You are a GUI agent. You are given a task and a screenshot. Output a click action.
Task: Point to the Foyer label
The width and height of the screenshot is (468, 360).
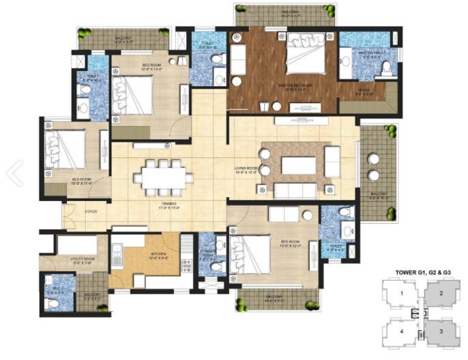91,212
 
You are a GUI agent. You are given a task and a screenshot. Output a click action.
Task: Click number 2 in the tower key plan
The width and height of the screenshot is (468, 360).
441,294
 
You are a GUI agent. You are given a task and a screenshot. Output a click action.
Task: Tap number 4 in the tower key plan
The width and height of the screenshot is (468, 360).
402,332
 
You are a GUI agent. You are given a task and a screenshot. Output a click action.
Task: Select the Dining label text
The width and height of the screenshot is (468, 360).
169,205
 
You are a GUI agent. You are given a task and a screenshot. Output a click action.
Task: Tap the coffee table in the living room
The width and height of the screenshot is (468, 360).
298,166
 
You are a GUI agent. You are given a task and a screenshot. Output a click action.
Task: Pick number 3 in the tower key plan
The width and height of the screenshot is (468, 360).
441,332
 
